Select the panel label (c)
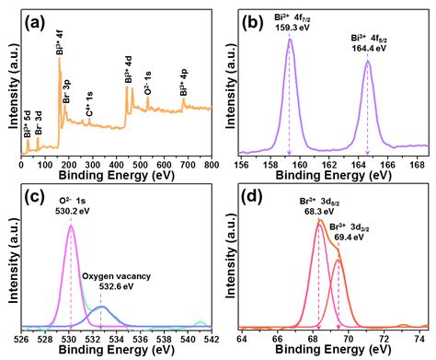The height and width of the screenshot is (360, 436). (x=40, y=196)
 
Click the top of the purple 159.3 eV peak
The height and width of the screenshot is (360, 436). (x=290, y=40)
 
